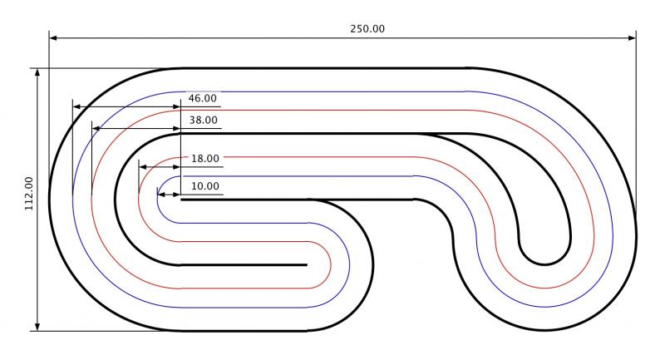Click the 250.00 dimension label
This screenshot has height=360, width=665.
click(x=367, y=29)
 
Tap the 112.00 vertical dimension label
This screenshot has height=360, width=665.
click(x=29, y=194)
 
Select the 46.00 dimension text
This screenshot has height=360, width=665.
click(x=202, y=98)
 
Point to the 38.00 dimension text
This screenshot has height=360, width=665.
click(x=203, y=121)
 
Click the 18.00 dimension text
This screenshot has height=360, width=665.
click(x=204, y=159)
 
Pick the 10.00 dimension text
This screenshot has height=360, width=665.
click(x=204, y=186)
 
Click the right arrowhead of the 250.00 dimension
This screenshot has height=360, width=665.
click(x=632, y=37)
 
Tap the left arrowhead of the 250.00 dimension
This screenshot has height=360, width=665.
click(x=53, y=37)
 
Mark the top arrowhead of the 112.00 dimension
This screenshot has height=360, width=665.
click(x=37, y=72)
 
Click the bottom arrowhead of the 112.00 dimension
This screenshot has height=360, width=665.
click(x=37, y=327)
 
